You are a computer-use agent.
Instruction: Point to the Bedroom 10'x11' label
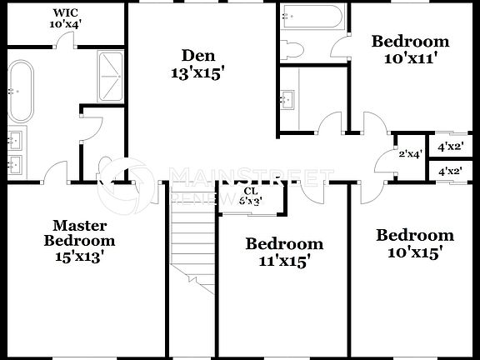pyautogui.click(x=409, y=49)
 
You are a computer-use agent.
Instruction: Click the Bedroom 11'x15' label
pyautogui.click(x=283, y=252)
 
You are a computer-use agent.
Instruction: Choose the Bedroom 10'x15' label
pyautogui.click(x=414, y=242)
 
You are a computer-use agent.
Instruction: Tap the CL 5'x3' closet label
pyautogui.click(x=251, y=195)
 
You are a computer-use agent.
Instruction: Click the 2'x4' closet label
pyautogui.click(x=411, y=153)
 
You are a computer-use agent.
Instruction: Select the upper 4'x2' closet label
pyautogui.click(x=450, y=147)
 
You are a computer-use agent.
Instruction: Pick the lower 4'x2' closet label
pyautogui.click(x=450, y=172)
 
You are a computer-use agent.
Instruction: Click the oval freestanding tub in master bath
pyautogui.click(x=19, y=87)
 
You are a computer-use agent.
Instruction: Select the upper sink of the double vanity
pyautogui.click(x=14, y=137)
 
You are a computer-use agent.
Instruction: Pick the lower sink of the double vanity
pyautogui.click(x=14, y=164)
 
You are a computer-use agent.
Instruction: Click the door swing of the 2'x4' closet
pyautogui.click(x=384, y=157)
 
